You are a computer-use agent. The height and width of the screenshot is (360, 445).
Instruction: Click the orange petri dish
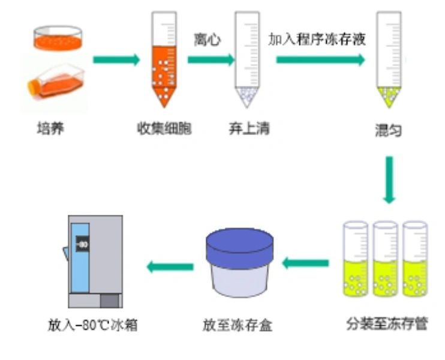tap(57, 38)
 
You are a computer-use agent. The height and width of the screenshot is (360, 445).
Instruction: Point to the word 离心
tap(208, 40)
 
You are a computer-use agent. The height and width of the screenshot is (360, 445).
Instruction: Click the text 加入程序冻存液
tap(317, 40)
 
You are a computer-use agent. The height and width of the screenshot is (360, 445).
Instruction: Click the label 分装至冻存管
tap(386, 324)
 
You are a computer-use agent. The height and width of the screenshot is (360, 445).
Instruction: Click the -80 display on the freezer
tap(82, 244)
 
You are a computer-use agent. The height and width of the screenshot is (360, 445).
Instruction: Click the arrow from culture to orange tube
tap(116, 60)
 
